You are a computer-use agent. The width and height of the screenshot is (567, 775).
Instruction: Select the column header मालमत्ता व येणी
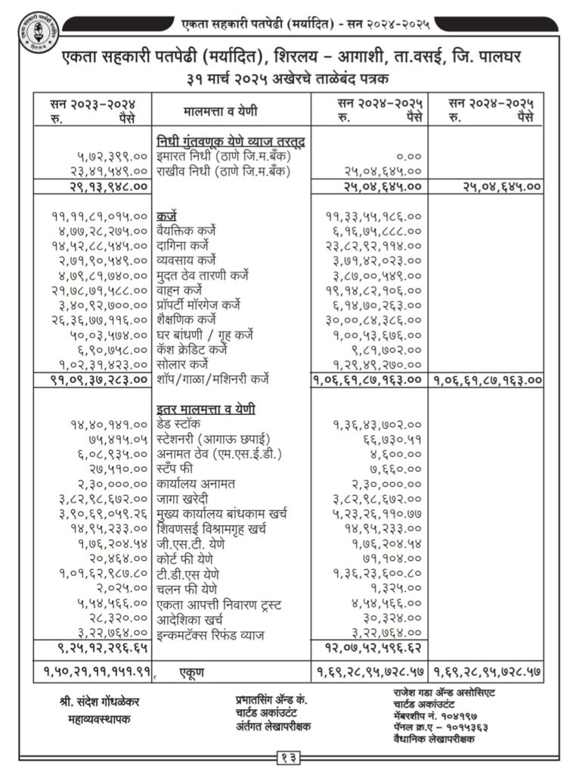pyautogui.click(x=221, y=111)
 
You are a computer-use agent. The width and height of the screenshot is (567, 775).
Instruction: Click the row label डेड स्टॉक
pyautogui.click(x=186, y=424)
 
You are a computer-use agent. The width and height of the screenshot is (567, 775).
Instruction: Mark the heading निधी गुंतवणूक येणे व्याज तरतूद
pyautogui.click(x=234, y=142)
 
